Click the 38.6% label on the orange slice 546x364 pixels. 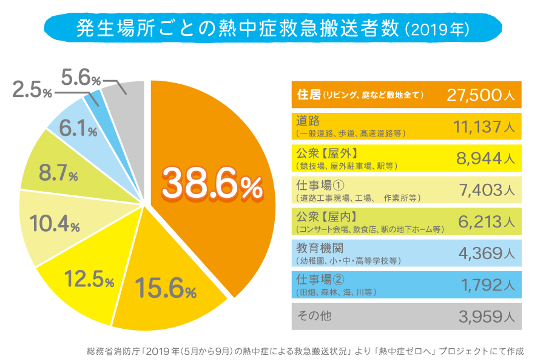click(213, 183)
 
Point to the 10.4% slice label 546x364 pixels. click(55, 225)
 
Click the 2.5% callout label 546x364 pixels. click(32, 92)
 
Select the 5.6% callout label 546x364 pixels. click(81, 77)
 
